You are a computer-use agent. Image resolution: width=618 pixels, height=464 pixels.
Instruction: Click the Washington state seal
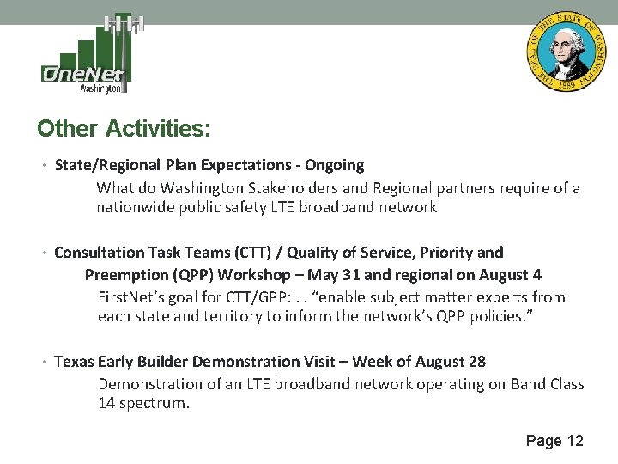pyautogui.click(x=565, y=53)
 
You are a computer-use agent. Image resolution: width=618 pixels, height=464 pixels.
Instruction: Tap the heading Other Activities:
pyautogui.click(x=124, y=129)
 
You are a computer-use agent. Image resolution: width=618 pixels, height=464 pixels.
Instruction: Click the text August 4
pyautogui.click(x=510, y=275)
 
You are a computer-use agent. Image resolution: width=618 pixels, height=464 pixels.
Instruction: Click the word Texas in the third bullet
pyautogui.click(x=74, y=362)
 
